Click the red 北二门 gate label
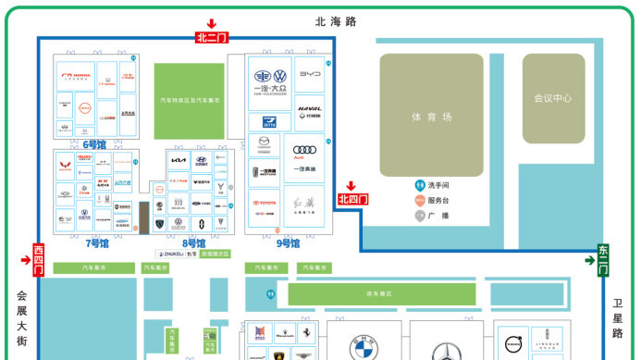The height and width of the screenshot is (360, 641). tap(212, 38)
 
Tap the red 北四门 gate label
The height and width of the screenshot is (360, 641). tap(352, 199)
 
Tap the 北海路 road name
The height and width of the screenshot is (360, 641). tap(336, 20)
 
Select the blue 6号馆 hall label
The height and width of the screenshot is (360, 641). tap(94, 144)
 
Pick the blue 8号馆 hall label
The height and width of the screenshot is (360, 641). tap(193, 242)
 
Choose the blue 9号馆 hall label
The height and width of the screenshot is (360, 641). tap(288, 242)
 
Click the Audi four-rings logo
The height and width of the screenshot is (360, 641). tap(304, 151)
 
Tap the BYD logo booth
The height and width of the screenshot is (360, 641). tap(310, 75)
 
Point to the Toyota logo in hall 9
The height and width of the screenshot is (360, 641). tap(265, 203)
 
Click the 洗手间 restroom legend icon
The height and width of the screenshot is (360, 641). tap(419, 184)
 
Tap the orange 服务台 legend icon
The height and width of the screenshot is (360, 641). tap(419, 200)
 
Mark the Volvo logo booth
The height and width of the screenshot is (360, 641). tap(513, 340)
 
